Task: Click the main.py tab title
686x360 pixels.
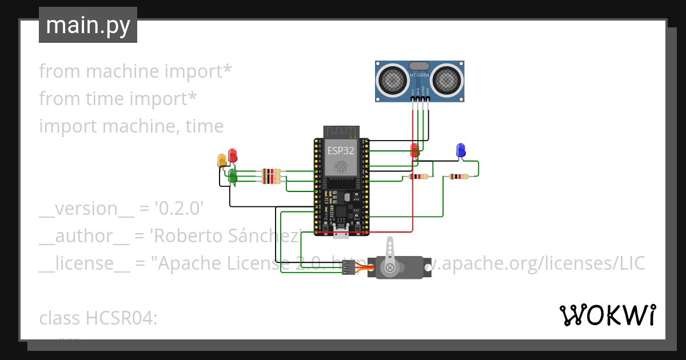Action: (87, 25)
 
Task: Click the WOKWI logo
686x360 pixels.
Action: (607, 315)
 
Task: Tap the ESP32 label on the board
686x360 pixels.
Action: (340, 151)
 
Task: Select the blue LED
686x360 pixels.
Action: (460, 150)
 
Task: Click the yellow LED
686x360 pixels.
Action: (222, 161)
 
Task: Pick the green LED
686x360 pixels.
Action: (233, 175)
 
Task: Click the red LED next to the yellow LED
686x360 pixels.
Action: (232, 155)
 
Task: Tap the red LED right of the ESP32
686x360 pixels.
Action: (415, 150)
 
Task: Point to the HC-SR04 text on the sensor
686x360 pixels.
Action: (420, 75)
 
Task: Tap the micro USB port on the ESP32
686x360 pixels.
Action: (342, 231)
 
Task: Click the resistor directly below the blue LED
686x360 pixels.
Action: (459, 177)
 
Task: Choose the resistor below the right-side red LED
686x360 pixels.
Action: (419, 177)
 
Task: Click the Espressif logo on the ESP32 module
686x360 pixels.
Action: (341, 167)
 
